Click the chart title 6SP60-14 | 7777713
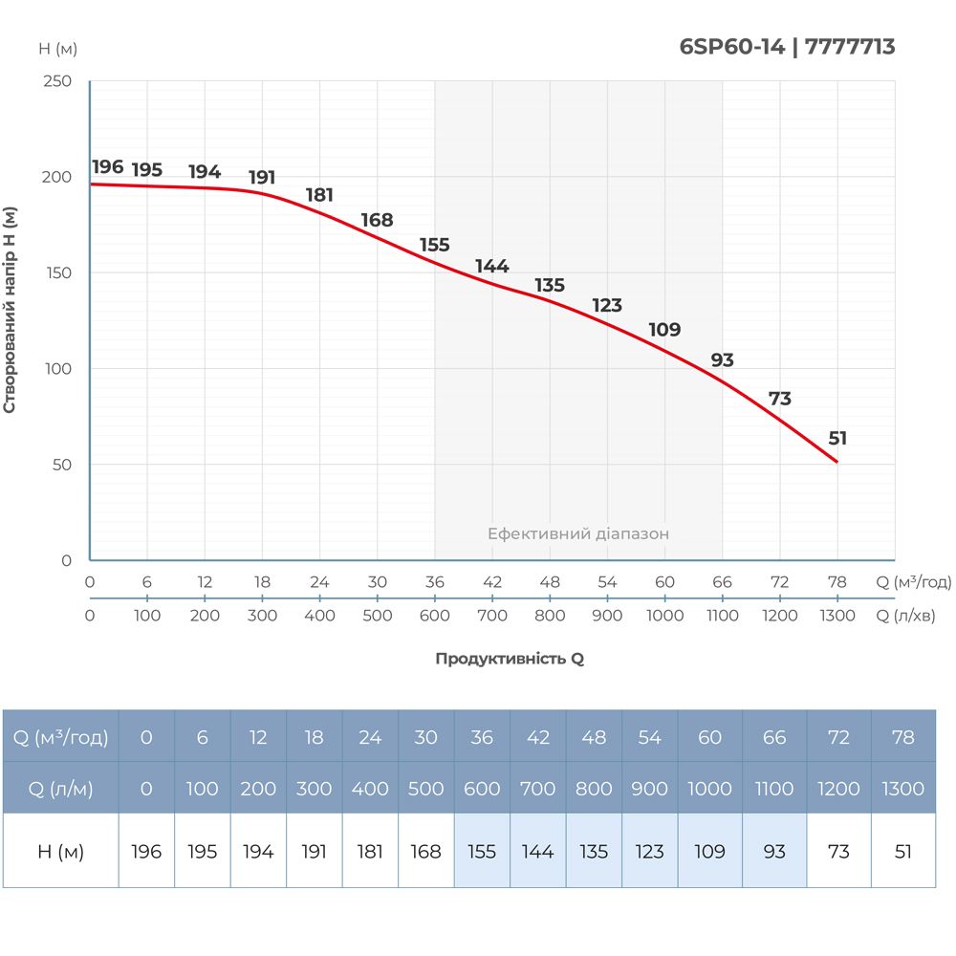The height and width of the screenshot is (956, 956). point(787,47)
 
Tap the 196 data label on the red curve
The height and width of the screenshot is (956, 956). point(108,167)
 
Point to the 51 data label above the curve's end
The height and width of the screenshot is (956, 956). point(837,439)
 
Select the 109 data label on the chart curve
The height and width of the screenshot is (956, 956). point(664,330)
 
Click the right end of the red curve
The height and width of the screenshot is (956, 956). point(836,462)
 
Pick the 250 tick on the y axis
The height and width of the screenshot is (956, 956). point(58,81)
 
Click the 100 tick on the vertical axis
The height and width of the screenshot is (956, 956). point(58,369)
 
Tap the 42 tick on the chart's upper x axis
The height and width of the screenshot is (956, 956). point(492,582)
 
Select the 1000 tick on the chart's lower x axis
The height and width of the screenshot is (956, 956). point(664,616)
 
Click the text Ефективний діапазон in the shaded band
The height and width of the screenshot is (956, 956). point(578,534)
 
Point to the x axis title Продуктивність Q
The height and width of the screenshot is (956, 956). point(510,659)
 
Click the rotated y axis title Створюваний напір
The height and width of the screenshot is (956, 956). point(11,310)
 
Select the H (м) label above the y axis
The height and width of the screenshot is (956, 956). point(57,49)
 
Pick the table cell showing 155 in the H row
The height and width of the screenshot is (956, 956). point(482,851)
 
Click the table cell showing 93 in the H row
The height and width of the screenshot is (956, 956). point(774,851)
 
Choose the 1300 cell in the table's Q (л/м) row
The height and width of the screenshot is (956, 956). point(903,789)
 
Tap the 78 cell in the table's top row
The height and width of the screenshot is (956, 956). point(903,737)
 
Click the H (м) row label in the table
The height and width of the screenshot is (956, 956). point(60,851)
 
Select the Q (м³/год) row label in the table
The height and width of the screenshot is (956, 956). point(60,737)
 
